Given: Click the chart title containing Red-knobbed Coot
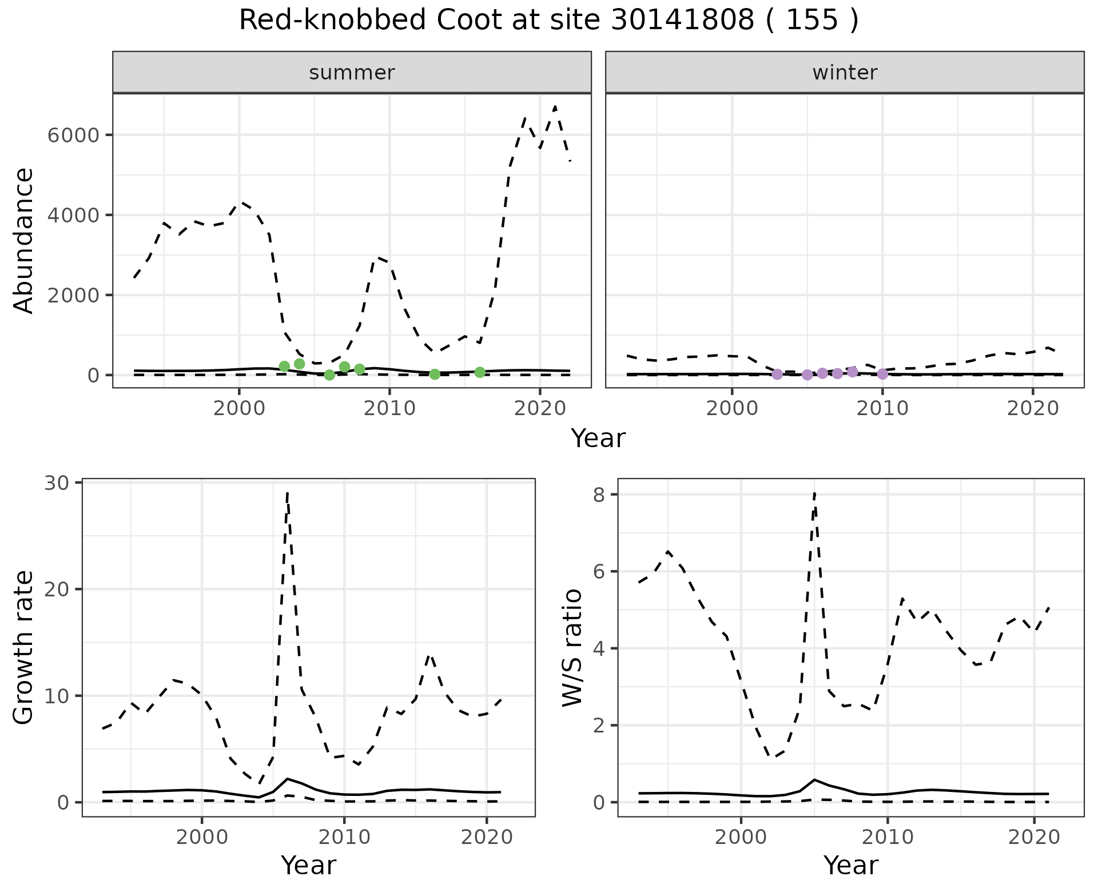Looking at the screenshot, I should click(x=548, y=21).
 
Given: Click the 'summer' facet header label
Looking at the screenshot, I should click(x=352, y=73).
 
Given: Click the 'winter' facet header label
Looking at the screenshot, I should click(x=845, y=73).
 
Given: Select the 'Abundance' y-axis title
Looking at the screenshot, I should click(x=24, y=240).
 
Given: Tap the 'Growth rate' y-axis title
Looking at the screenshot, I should click(x=24, y=647).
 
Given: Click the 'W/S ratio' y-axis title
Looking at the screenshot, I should click(x=572, y=647).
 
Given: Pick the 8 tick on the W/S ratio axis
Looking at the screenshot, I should click(x=599, y=495).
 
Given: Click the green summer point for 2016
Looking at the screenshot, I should click(x=480, y=372).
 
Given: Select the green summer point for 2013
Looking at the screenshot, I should click(x=435, y=374).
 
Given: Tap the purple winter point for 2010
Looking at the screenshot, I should click(x=882, y=374).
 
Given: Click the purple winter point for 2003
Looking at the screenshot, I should click(x=777, y=374).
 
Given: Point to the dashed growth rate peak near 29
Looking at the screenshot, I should click(x=287, y=493).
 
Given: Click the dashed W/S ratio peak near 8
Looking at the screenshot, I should click(x=814, y=493).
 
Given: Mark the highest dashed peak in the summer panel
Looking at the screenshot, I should click(x=555, y=107).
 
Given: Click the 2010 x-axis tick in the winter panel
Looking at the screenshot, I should click(x=882, y=408).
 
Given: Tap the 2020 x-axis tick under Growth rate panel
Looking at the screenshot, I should click(x=486, y=837).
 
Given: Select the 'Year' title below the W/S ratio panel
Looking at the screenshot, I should click(x=850, y=865).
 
